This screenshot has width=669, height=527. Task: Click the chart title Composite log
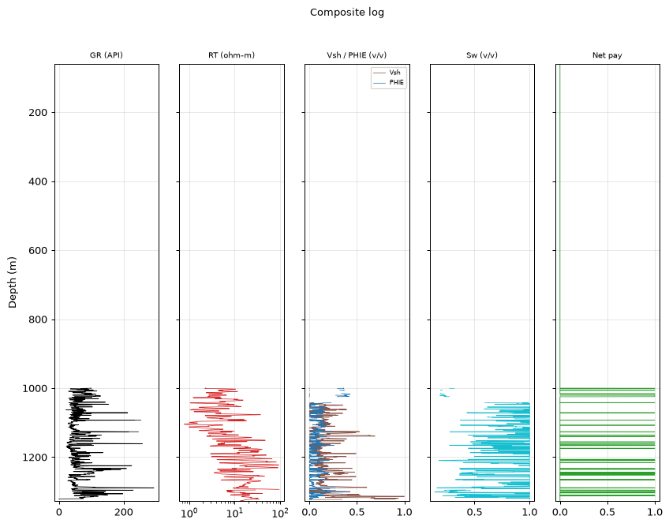(347, 13)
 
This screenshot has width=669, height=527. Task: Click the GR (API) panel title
(107, 55)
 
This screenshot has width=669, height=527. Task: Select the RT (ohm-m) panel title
(231, 55)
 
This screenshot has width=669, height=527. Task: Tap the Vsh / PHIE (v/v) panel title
(357, 55)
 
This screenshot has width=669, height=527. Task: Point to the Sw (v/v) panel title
(482, 55)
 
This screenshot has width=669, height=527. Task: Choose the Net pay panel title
(607, 55)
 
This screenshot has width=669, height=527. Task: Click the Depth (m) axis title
(12, 282)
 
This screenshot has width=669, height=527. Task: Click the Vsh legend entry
(394, 73)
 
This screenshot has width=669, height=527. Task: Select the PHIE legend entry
(396, 82)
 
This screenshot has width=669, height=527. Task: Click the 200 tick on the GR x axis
(124, 512)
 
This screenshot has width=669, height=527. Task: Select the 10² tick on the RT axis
(280, 512)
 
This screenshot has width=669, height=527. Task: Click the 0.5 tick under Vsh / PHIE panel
(357, 512)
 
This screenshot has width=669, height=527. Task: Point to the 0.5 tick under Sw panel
(474, 512)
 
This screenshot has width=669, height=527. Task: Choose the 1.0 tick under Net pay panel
(655, 512)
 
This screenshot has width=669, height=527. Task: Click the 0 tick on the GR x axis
(59, 512)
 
